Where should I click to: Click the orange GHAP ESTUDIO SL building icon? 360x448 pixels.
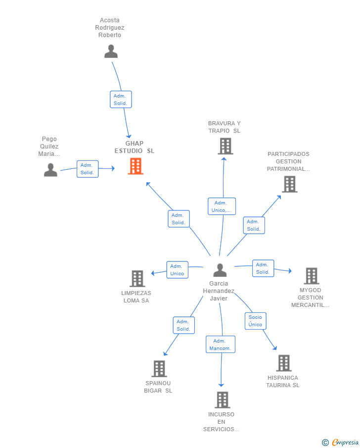(135, 166)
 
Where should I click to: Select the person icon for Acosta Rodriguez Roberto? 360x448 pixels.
(111, 51)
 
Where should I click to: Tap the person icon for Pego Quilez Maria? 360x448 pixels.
(50, 170)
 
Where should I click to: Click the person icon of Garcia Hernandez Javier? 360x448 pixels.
(220, 270)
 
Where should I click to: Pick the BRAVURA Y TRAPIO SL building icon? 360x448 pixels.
(225, 146)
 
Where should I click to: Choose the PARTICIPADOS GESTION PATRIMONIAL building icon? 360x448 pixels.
(289, 184)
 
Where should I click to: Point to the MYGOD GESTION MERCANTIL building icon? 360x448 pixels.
(311, 276)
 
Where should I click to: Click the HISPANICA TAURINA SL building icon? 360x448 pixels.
(284, 363)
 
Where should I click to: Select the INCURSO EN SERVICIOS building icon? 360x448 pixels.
(223, 400)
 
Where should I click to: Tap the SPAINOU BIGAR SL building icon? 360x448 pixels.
(159, 369)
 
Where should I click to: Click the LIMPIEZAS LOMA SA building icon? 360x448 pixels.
(137, 279)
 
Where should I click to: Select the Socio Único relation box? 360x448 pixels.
(255, 321)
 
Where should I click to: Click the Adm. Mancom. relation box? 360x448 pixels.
(221, 345)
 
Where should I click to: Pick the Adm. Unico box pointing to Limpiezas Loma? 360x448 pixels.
(177, 270)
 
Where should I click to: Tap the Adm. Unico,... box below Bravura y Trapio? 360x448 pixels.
(222, 206)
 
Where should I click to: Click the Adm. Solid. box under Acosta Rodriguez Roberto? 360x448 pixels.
(121, 100)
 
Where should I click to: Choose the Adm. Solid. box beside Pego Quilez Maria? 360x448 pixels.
(88, 169)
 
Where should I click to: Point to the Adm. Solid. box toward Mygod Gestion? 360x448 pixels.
(263, 268)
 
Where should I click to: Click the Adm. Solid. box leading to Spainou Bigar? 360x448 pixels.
(183, 325)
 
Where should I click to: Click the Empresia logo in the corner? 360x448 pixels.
(344, 442)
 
